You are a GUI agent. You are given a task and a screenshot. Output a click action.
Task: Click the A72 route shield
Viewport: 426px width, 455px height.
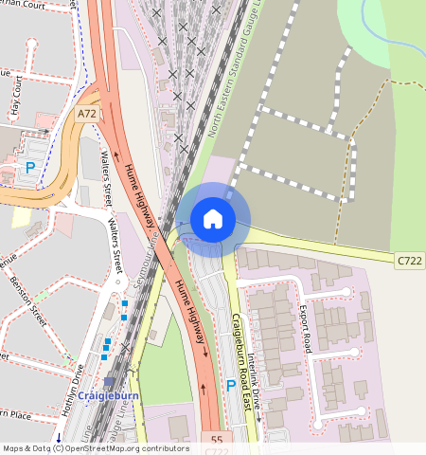[x=87, y=114]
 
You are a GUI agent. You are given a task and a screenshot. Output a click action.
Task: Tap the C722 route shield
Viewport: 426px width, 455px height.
[x=408, y=258]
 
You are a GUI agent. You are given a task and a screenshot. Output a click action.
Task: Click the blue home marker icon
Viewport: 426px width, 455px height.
[x=213, y=219]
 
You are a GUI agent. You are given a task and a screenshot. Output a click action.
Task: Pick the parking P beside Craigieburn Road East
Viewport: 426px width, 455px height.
[x=231, y=386]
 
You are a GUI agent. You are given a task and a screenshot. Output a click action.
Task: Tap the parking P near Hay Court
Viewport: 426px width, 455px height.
[x=30, y=168]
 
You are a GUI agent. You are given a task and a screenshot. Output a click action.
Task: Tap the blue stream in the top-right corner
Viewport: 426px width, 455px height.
[x=382, y=14]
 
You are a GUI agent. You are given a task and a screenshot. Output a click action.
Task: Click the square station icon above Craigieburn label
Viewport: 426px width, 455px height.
[x=110, y=381]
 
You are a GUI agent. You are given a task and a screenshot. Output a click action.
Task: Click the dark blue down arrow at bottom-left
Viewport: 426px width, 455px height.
[x=59, y=437]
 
